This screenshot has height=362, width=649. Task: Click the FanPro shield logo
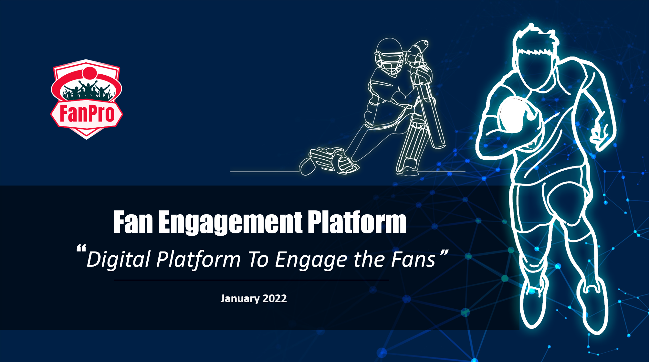click(x=87, y=99)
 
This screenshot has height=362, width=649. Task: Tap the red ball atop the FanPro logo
click(x=89, y=73)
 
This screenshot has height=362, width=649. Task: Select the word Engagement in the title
click(x=230, y=223)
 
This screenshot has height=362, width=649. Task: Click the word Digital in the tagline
click(x=119, y=260)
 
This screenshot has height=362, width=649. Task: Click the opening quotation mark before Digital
click(x=81, y=249)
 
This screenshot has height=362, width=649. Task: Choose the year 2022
click(x=275, y=298)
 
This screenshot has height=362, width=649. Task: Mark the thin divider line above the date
click(x=252, y=280)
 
